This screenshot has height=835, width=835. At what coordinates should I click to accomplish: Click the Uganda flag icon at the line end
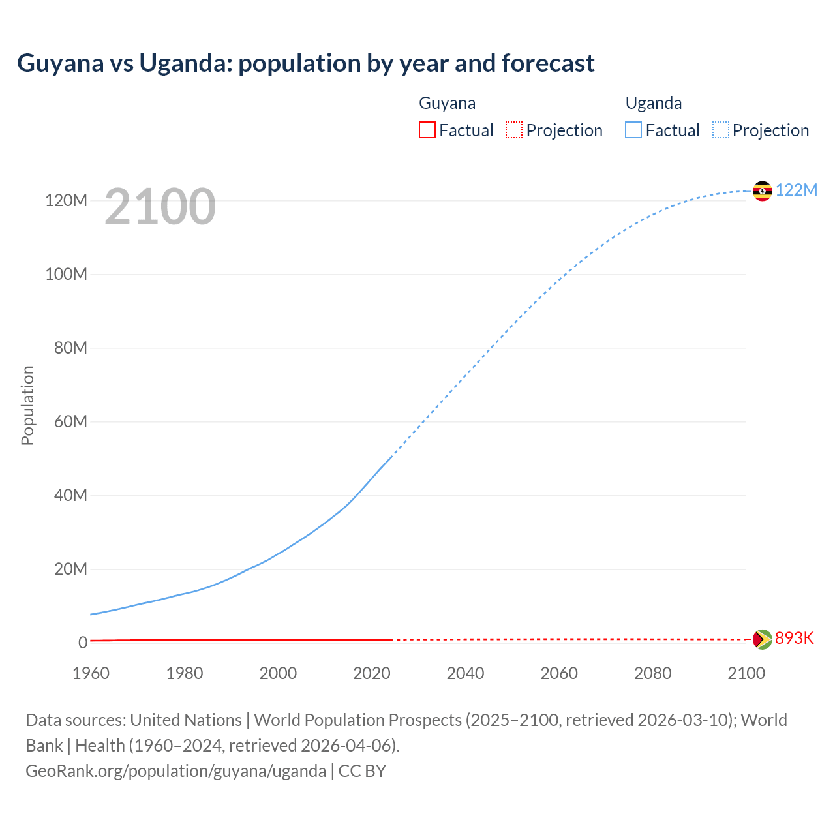(x=762, y=191)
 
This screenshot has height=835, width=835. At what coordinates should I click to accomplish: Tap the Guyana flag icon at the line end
(x=762, y=639)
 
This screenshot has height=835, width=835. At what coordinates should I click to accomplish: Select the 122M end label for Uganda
(x=796, y=190)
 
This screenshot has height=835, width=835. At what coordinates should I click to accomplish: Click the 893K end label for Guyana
(x=794, y=638)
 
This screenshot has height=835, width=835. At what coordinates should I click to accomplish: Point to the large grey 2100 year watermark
(x=160, y=207)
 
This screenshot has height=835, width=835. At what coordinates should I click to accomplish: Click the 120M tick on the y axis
(x=66, y=200)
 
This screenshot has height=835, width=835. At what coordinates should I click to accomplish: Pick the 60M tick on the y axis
(x=70, y=421)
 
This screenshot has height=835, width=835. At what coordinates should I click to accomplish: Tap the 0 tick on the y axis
(x=83, y=643)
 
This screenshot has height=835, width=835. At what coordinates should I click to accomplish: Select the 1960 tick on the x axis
(x=91, y=673)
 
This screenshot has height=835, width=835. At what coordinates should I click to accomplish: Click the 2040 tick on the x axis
(x=465, y=673)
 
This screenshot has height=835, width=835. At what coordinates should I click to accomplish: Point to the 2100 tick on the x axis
(x=746, y=673)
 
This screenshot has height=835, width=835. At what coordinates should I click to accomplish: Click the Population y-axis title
(x=27, y=405)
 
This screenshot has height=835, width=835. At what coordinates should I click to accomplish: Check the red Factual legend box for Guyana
(x=427, y=130)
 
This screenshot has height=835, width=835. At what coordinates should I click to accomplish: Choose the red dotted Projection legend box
(x=514, y=130)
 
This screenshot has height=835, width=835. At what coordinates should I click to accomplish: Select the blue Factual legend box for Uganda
(x=633, y=130)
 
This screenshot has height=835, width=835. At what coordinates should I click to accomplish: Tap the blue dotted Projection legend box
(x=721, y=130)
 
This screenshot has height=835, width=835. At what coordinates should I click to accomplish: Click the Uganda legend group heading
(x=654, y=103)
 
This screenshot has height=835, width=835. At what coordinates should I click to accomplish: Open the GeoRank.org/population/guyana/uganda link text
(x=175, y=771)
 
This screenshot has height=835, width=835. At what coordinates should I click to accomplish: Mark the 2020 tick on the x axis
(x=372, y=673)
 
